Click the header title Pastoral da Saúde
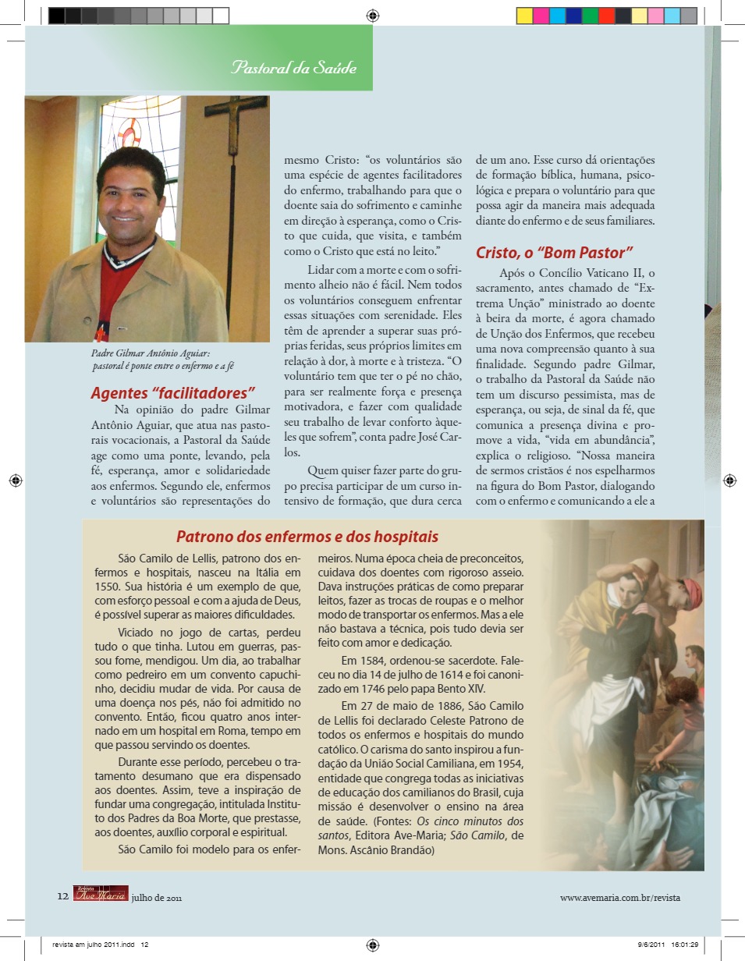click(x=293, y=68)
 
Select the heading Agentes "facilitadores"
click(x=173, y=392)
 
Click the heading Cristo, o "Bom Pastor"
click(x=554, y=252)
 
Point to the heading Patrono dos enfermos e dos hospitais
click(x=307, y=537)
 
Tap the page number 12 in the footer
click(x=63, y=896)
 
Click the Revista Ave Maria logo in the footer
click(x=101, y=893)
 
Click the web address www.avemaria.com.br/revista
click(x=620, y=897)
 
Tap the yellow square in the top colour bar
click(x=524, y=16)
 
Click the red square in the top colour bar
click(x=606, y=16)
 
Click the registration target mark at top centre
click(x=373, y=15)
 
